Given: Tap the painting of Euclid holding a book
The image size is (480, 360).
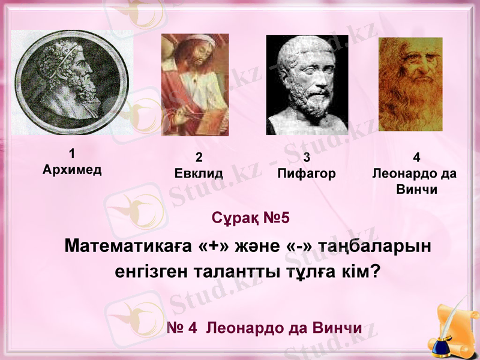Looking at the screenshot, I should (x=194, y=85).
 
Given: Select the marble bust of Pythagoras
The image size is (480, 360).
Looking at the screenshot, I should (x=307, y=85).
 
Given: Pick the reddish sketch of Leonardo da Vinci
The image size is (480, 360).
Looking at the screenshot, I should (x=410, y=85).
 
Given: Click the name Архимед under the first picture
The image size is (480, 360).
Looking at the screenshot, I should (x=72, y=169).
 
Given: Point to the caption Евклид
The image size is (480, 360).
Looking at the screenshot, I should (x=199, y=174).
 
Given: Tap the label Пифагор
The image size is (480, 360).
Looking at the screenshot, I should (x=307, y=174).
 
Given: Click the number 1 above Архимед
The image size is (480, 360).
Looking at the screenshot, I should (x=72, y=153).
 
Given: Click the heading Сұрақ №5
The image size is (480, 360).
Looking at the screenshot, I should (x=250, y=217).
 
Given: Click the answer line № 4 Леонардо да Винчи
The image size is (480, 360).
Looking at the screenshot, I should (x=265, y=328).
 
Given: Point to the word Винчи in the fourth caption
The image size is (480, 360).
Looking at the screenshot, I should (x=416, y=190).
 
